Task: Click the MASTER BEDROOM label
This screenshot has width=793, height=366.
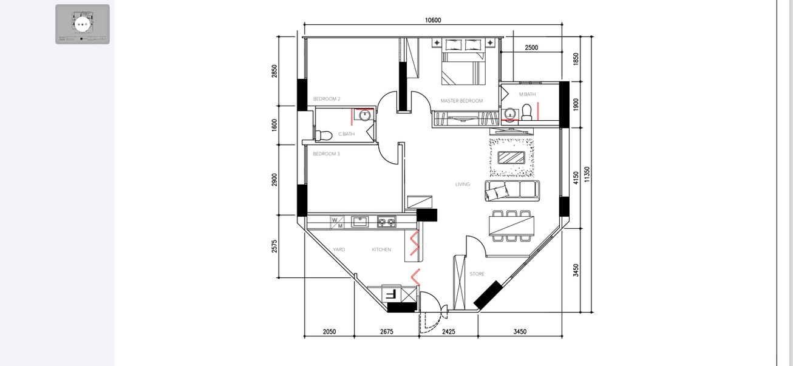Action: point(461,101)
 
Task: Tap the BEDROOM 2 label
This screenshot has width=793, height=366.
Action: point(327,98)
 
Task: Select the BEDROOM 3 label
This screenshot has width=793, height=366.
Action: point(326,154)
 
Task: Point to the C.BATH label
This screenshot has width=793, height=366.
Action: point(346,134)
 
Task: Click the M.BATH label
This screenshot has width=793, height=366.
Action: point(527,94)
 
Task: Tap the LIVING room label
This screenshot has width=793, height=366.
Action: point(463,185)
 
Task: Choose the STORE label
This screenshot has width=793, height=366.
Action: point(477,274)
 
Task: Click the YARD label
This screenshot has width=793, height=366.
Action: point(339,249)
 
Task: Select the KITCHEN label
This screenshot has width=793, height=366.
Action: point(381,249)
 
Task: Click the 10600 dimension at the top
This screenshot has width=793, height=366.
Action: point(433,20)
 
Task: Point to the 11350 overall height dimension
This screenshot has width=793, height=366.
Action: point(587,174)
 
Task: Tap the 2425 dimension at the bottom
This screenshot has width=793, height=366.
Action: point(449,332)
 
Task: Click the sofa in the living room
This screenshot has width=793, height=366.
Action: point(512,190)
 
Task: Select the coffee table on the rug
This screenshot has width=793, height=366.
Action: point(512,157)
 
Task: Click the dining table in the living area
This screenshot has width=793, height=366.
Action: point(512,226)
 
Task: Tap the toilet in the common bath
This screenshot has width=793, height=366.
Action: point(322,135)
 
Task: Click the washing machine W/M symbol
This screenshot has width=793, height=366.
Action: point(337,223)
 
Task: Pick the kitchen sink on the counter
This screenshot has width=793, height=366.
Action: point(360,222)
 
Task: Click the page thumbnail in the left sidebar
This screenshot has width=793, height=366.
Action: point(83,24)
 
